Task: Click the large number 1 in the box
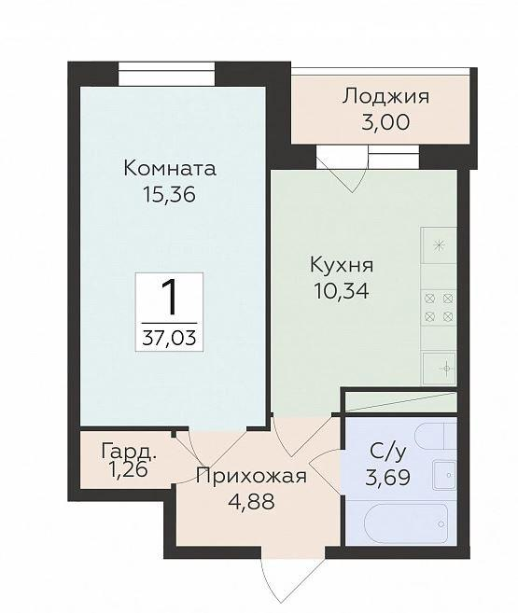169,297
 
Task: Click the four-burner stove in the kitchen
439,307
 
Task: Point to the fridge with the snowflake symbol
439,246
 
